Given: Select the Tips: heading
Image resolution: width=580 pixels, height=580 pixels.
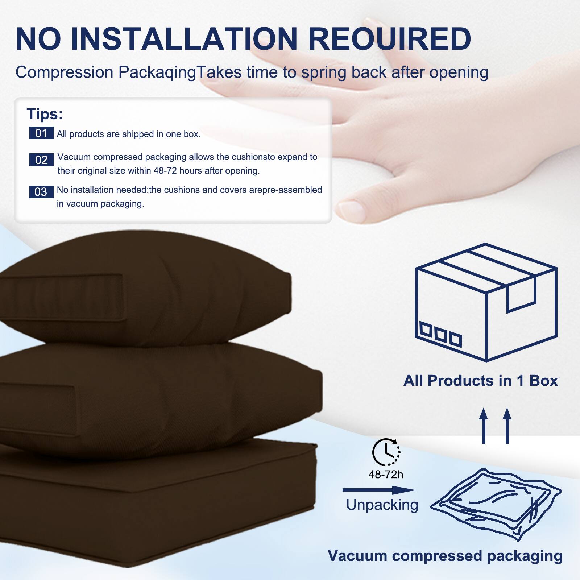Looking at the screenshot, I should tap(45, 114).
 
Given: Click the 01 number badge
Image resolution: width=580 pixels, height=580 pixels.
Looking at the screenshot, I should tap(41, 133).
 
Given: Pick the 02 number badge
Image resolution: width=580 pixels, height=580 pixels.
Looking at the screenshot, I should tap(41, 159).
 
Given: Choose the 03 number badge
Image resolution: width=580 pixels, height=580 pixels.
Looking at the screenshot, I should tap(41, 191).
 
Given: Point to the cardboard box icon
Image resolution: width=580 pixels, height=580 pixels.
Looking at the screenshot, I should tap(486, 303).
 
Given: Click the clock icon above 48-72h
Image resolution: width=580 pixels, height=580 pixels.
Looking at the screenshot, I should tap(386, 452).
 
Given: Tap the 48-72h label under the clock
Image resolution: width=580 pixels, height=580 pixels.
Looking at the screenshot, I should tap(386, 474).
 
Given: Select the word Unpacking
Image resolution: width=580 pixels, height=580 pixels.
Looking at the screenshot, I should tap(382, 505).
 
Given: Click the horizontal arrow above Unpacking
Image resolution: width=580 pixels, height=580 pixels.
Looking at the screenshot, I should tap(379, 490).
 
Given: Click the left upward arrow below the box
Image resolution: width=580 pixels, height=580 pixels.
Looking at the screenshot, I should tap(483, 426).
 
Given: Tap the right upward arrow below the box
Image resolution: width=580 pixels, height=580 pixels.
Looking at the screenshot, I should tap(507, 426).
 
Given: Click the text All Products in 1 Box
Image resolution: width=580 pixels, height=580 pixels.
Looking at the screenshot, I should tap(481, 381).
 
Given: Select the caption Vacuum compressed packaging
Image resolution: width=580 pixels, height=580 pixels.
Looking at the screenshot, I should tap(445, 556).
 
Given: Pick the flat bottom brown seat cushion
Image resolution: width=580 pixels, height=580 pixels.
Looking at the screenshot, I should tap(156, 507).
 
